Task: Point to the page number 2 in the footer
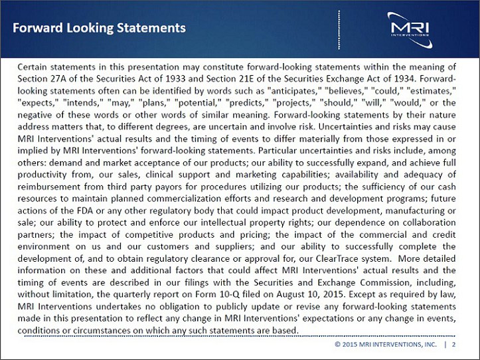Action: click(453, 345)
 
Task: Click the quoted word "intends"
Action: click(84, 102)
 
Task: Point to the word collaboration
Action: click(428, 223)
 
